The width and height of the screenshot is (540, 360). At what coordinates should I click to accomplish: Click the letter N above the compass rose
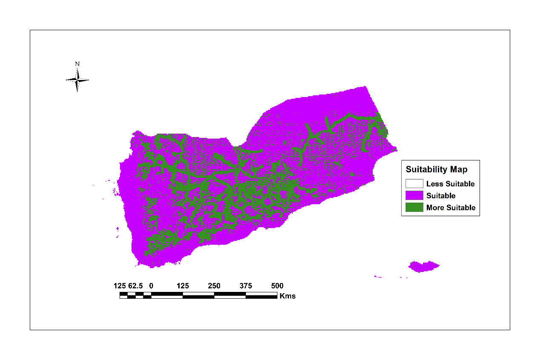pos(77,64)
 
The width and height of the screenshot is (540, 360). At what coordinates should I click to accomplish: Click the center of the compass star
pos(77,80)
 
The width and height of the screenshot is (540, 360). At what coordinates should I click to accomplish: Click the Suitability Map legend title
pos(436,169)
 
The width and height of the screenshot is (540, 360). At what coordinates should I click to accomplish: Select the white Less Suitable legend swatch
pos(414,184)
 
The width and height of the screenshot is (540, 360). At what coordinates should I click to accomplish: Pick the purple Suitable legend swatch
pos(414,196)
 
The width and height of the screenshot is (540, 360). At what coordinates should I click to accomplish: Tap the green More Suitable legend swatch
pos(414,208)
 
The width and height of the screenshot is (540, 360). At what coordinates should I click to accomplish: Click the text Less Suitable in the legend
pos(450,184)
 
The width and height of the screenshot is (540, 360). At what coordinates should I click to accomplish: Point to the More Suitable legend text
pos(451,208)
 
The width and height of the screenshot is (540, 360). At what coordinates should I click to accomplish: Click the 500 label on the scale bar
pos(277,286)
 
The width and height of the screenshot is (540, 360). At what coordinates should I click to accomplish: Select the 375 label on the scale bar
pos(246,286)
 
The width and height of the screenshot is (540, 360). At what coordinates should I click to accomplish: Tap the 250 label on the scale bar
pos(214,286)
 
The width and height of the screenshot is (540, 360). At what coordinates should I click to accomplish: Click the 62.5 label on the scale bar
pos(136,286)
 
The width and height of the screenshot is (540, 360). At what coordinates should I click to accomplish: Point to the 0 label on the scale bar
pos(151,286)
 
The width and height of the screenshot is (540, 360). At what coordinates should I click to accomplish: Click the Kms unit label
pos(288,296)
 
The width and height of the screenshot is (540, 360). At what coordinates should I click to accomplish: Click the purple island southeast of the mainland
pos(423,267)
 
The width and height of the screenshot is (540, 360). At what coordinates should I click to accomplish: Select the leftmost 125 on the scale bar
pos(120,286)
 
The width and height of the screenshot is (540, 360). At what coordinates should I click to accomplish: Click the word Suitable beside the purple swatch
pos(441,196)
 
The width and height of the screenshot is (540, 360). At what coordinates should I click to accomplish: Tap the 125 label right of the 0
pos(183,286)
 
